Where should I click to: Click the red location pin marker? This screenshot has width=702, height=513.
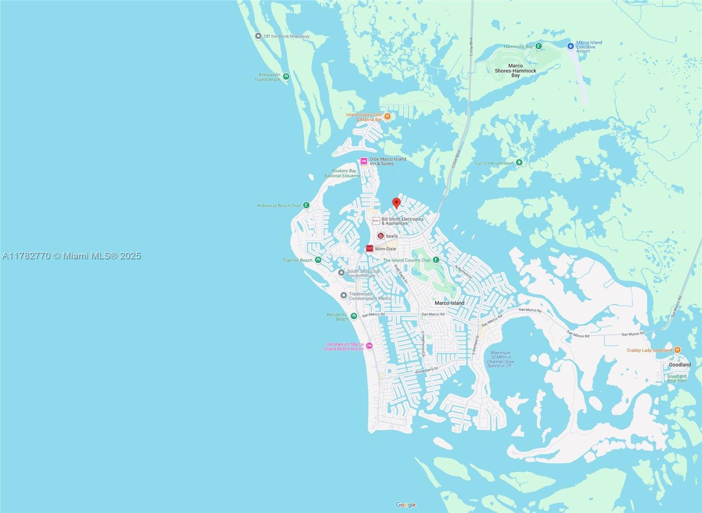pyautogui.click(x=396, y=202)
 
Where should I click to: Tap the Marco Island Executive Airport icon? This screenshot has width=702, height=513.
pyautogui.click(x=570, y=46)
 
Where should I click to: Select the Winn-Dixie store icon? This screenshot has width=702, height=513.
pyautogui.click(x=370, y=249)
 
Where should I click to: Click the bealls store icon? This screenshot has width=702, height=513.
pyautogui.click(x=381, y=236)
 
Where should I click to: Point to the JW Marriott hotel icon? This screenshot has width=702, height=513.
pyautogui.click(x=369, y=346)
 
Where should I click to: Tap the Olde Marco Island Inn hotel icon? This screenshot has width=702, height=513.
pyautogui.click(x=364, y=161)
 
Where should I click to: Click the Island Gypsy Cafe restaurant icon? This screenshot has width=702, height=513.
pyautogui.click(x=388, y=117)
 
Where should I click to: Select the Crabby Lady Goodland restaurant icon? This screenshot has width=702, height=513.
pyautogui.click(x=677, y=350)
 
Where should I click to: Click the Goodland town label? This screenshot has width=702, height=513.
pyautogui.click(x=680, y=365)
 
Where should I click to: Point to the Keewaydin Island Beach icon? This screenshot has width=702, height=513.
pyautogui.click(x=286, y=77)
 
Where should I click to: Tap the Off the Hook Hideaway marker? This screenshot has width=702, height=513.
pyautogui.click(x=258, y=36)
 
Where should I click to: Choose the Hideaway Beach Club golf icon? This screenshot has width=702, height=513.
pyautogui.click(x=306, y=205)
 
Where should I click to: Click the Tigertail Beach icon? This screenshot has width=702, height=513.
pyautogui.click(x=319, y=260)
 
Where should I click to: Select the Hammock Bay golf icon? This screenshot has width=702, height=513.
pyautogui.click(x=539, y=46)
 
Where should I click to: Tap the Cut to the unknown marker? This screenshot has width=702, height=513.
pyautogui.click(x=519, y=163)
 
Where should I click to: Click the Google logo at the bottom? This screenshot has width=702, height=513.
pyautogui.click(x=406, y=505)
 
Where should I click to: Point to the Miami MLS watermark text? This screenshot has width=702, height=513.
pyautogui.click(x=71, y=256)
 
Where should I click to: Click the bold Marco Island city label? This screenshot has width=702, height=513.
pyautogui.click(x=449, y=303)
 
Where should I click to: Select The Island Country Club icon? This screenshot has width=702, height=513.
pyautogui.click(x=436, y=260)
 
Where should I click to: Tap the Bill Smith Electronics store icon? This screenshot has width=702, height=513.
pyautogui.click(x=376, y=221)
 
